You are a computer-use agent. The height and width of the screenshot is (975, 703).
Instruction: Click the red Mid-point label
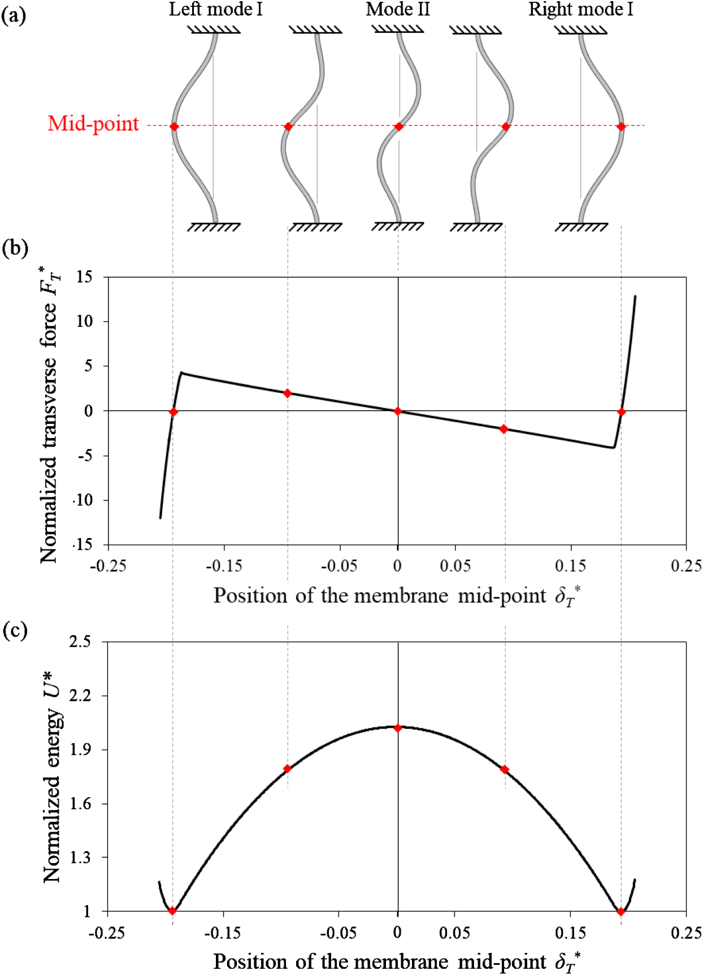[93, 124]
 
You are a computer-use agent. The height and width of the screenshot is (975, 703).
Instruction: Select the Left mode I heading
[215, 10]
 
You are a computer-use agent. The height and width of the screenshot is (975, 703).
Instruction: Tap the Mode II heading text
[398, 10]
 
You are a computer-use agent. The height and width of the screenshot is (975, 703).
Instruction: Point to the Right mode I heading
[580, 10]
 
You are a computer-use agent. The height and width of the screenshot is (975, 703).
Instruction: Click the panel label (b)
[15, 248]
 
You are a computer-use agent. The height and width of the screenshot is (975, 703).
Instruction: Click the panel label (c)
[15, 630]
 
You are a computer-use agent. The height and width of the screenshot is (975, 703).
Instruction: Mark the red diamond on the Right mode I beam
[621, 127]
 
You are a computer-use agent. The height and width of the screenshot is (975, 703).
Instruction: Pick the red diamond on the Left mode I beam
[174, 127]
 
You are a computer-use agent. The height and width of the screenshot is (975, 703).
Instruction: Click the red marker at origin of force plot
[398, 411]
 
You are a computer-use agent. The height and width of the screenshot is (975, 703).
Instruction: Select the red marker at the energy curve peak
[398, 728]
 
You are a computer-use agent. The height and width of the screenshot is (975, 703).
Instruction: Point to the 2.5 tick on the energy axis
[80, 642]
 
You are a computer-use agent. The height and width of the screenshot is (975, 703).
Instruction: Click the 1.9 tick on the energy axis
[80, 750]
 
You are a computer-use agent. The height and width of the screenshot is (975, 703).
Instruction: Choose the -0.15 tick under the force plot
[224, 566]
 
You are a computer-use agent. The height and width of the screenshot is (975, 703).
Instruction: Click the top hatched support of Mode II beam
[398, 29]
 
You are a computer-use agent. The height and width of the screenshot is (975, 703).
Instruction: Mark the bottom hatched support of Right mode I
[581, 227]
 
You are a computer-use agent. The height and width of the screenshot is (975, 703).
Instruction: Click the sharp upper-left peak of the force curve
[181, 373]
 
